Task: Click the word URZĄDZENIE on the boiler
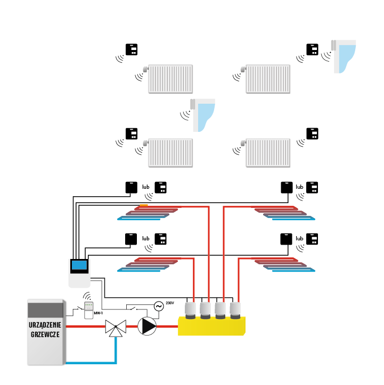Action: (45, 325)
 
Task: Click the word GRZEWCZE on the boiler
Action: (45, 334)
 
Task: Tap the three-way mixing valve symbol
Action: (116, 327)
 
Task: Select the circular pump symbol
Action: (147, 326)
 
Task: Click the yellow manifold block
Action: (211, 327)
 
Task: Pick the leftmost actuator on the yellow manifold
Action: (190, 309)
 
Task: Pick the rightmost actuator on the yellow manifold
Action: (235, 309)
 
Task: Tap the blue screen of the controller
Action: (79, 265)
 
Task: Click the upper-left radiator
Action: (170, 79)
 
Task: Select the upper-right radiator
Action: (268, 79)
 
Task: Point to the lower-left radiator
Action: (170, 153)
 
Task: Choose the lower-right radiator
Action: (268, 153)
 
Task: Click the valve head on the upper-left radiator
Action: (145, 69)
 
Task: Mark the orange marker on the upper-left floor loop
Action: (144, 205)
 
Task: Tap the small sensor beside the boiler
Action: (89, 310)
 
